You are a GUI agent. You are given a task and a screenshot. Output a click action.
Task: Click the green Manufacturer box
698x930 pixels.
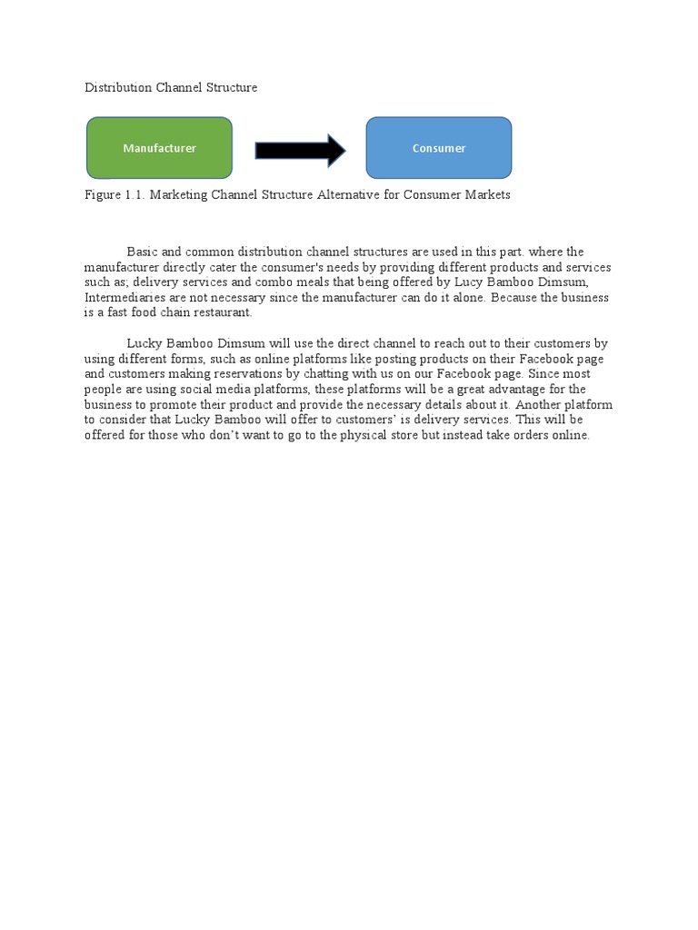tap(159, 148)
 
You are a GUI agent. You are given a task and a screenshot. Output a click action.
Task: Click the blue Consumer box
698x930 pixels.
tap(438, 148)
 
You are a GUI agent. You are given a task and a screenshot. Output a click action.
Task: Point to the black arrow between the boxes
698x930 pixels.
tap(300, 150)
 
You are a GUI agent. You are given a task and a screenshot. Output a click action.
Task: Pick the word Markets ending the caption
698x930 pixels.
tap(486, 194)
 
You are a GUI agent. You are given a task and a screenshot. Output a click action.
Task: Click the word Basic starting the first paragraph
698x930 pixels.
tap(143, 252)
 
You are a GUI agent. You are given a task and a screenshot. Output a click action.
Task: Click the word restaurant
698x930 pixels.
tap(221, 312)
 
